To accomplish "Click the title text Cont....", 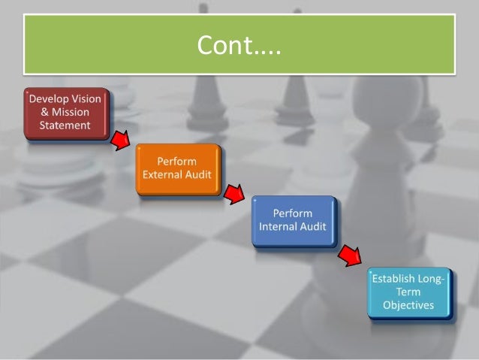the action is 239,46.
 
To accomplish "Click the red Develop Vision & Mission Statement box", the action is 67,114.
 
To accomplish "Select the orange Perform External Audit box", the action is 178,169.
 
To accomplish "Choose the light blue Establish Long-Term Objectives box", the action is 408,293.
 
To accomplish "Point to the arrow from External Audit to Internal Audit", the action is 236,194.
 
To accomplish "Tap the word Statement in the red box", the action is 65,125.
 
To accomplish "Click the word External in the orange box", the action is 163,175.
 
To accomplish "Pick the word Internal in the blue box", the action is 280,227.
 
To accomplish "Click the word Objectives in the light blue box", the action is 408,306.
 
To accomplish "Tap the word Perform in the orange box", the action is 178,162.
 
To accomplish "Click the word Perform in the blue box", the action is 293,214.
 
